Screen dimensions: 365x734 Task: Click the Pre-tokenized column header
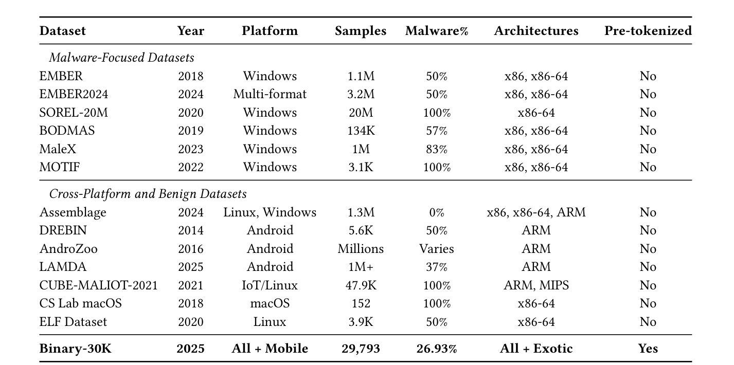coord(648,31)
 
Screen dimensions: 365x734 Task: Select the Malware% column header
coord(437,31)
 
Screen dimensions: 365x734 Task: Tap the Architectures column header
coord(536,31)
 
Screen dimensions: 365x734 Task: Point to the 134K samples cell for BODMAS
coord(361,131)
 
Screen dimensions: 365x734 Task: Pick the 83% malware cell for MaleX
coord(437,149)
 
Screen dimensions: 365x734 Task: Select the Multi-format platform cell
coord(270,94)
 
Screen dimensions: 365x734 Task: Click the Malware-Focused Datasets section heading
coord(121,58)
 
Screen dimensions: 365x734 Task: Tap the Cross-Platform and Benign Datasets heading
coord(148,194)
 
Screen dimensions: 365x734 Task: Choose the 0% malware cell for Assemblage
coord(437,212)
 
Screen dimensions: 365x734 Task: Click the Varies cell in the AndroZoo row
coord(437,249)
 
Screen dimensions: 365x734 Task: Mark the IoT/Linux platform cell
coord(270,285)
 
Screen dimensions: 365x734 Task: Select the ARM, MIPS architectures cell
coord(536,285)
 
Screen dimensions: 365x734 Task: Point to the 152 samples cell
coord(361,303)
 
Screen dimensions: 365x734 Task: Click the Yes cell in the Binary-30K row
coord(648,349)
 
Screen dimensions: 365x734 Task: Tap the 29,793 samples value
coord(361,349)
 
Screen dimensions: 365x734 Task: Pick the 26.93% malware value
coord(437,349)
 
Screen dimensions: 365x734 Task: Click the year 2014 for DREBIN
coord(191,230)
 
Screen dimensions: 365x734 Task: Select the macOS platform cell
coord(270,303)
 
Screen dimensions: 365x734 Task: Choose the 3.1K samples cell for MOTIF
coord(361,167)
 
